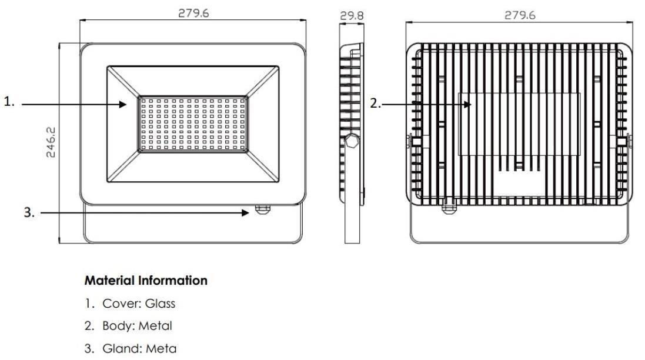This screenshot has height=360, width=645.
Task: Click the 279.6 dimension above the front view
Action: [193, 13]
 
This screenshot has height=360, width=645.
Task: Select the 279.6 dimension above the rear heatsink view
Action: [520, 15]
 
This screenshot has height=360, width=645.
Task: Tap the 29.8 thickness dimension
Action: [352, 16]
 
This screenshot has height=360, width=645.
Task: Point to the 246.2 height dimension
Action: [51, 142]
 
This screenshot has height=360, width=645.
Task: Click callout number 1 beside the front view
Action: [9, 101]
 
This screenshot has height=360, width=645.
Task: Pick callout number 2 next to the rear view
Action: [376, 103]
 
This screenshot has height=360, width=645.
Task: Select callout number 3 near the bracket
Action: [29, 212]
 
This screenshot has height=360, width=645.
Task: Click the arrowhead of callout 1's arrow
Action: [123, 105]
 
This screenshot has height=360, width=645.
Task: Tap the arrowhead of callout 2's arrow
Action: [467, 105]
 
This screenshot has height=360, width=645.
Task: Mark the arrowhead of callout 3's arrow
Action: [246, 213]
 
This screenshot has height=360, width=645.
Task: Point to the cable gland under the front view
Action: [262, 209]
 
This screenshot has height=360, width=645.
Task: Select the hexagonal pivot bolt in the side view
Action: [352, 141]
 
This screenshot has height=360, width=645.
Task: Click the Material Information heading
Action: [146, 281]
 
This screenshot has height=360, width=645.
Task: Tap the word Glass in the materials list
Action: [160, 304]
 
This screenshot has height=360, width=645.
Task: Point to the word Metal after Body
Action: [155, 326]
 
